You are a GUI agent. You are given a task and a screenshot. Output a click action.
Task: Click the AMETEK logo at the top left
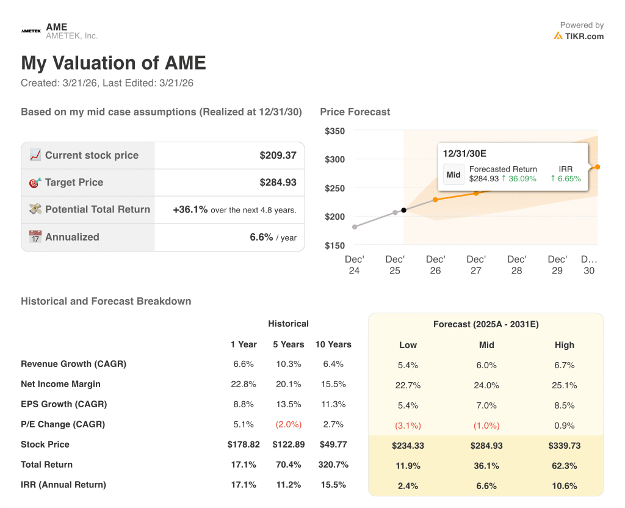pos(30,31)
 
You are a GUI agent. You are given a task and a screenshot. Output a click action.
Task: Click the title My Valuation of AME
pos(114,63)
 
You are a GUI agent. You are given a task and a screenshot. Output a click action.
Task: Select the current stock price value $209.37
pos(278,155)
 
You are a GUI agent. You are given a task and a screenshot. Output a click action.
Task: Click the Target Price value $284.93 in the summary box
pos(278,182)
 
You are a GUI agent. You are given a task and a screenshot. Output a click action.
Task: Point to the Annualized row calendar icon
pos(35,237)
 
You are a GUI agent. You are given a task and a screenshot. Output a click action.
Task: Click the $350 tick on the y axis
pos(334,131)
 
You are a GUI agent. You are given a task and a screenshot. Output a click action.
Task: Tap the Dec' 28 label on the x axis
pos(516,265)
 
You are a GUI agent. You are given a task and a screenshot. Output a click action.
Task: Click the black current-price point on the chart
pos(403,210)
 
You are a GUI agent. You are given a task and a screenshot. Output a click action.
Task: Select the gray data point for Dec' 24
pos(355,227)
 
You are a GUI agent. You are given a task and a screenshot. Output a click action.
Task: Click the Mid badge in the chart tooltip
pos(453,175)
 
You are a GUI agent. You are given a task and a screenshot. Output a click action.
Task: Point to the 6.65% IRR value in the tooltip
pos(565,179)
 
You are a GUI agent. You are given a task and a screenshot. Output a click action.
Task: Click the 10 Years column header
pos(333,344)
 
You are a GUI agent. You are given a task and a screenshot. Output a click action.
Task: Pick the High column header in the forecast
pos(565,345)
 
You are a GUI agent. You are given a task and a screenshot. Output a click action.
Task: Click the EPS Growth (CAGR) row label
pos(63,404)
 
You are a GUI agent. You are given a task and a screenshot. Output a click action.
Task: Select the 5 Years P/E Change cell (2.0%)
pos(288,424)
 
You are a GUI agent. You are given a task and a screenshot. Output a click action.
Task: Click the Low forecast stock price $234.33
pos(408,446)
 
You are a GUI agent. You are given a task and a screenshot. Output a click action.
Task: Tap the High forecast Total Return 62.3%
pos(565,466)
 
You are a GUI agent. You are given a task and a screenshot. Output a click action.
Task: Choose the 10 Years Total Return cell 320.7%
pos(333,465)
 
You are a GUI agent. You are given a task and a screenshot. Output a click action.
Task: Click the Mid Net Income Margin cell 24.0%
pos(486,385)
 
